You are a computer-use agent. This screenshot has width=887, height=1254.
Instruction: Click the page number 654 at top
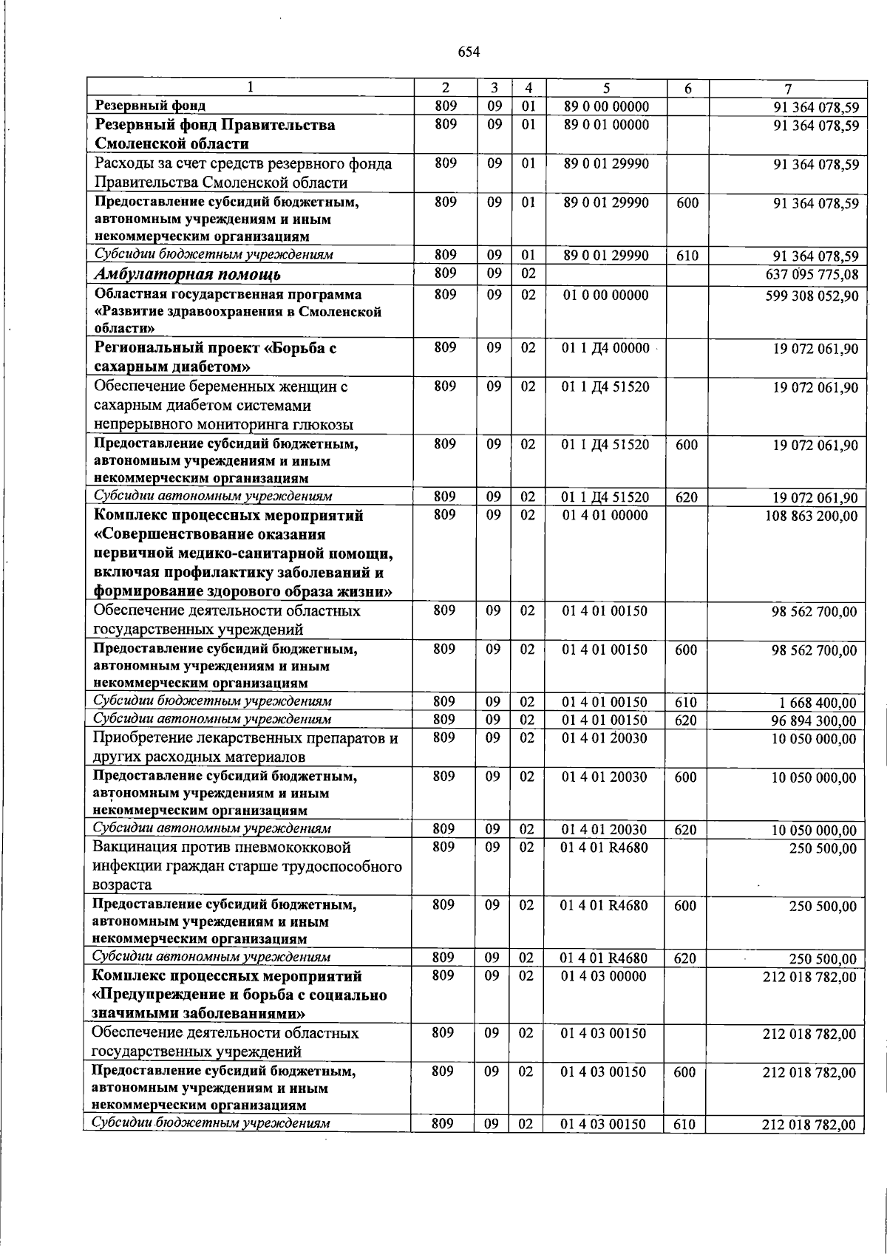tap(469, 52)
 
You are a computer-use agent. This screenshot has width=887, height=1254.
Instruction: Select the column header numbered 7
tap(788, 88)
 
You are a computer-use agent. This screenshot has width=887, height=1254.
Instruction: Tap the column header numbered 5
tap(606, 88)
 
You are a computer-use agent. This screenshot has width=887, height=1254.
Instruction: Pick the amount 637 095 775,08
tap(811, 276)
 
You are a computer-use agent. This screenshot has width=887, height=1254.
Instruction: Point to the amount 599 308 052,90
tap(811, 296)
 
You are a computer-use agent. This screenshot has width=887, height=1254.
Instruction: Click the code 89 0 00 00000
tap(606, 107)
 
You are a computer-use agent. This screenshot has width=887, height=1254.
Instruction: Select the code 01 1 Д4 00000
tap(605, 348)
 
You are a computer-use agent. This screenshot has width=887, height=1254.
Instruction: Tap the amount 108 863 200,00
tap(811, 516)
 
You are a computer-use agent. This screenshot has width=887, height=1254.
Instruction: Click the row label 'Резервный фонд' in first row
tap(150, 106)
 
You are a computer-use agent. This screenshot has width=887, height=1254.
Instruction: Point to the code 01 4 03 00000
tap(603, 977)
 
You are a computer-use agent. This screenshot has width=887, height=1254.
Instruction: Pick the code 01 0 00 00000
tap(605, 296)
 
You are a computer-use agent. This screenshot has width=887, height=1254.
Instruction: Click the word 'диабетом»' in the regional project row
tap(209, 367)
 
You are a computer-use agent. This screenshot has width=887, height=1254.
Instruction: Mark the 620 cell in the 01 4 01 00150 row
tap(686, 720)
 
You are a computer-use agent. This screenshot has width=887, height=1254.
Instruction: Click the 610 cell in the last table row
tap(684, 1145)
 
